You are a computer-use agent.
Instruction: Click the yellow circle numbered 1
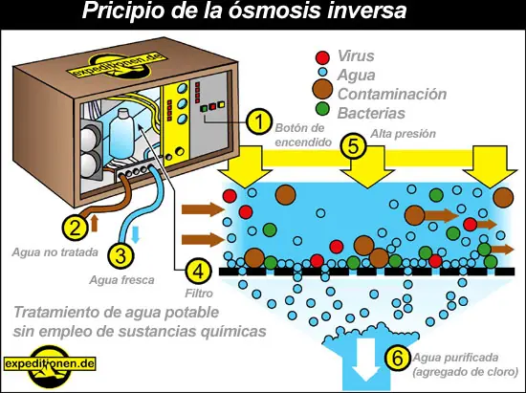(255, 121)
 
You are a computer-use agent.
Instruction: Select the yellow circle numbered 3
(120, 255)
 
